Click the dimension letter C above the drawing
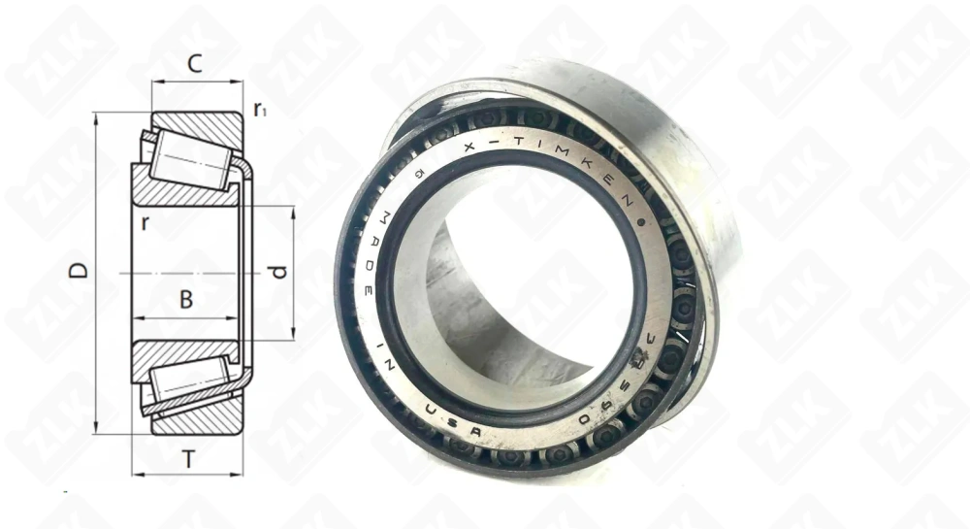[x=194, y=65]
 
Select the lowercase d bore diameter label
[x=278, y=273]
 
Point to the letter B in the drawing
[x=186, y=301]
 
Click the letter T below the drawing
[x=188, y=459]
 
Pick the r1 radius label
[x=259, y=110]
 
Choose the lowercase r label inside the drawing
[x=145, y=223]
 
